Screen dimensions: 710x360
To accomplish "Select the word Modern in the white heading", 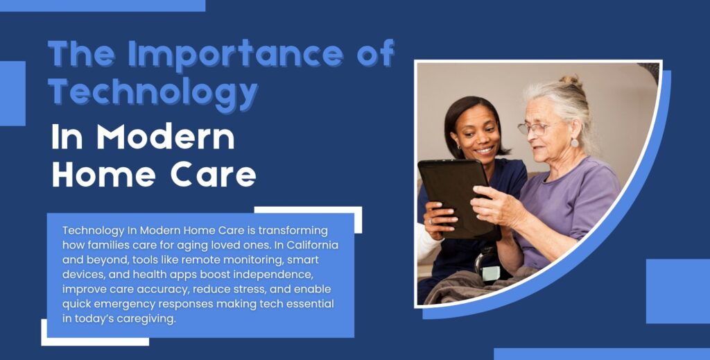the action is point(166,137).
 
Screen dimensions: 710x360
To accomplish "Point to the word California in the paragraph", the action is point(313,246).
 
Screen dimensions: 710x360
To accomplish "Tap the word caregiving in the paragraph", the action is point(146,319).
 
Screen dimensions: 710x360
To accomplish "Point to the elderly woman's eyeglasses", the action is point(535,128).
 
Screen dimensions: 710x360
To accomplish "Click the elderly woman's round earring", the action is point(575,143).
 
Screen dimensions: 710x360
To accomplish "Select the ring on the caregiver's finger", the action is point(430,221).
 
